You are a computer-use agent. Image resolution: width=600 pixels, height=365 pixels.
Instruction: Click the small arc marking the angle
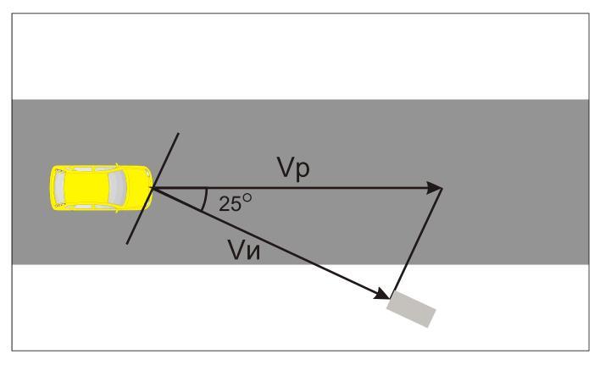pos(206,200)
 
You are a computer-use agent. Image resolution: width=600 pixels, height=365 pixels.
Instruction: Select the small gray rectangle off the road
pos(412,308)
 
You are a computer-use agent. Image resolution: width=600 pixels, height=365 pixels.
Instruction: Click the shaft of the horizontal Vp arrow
pos(339,188)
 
